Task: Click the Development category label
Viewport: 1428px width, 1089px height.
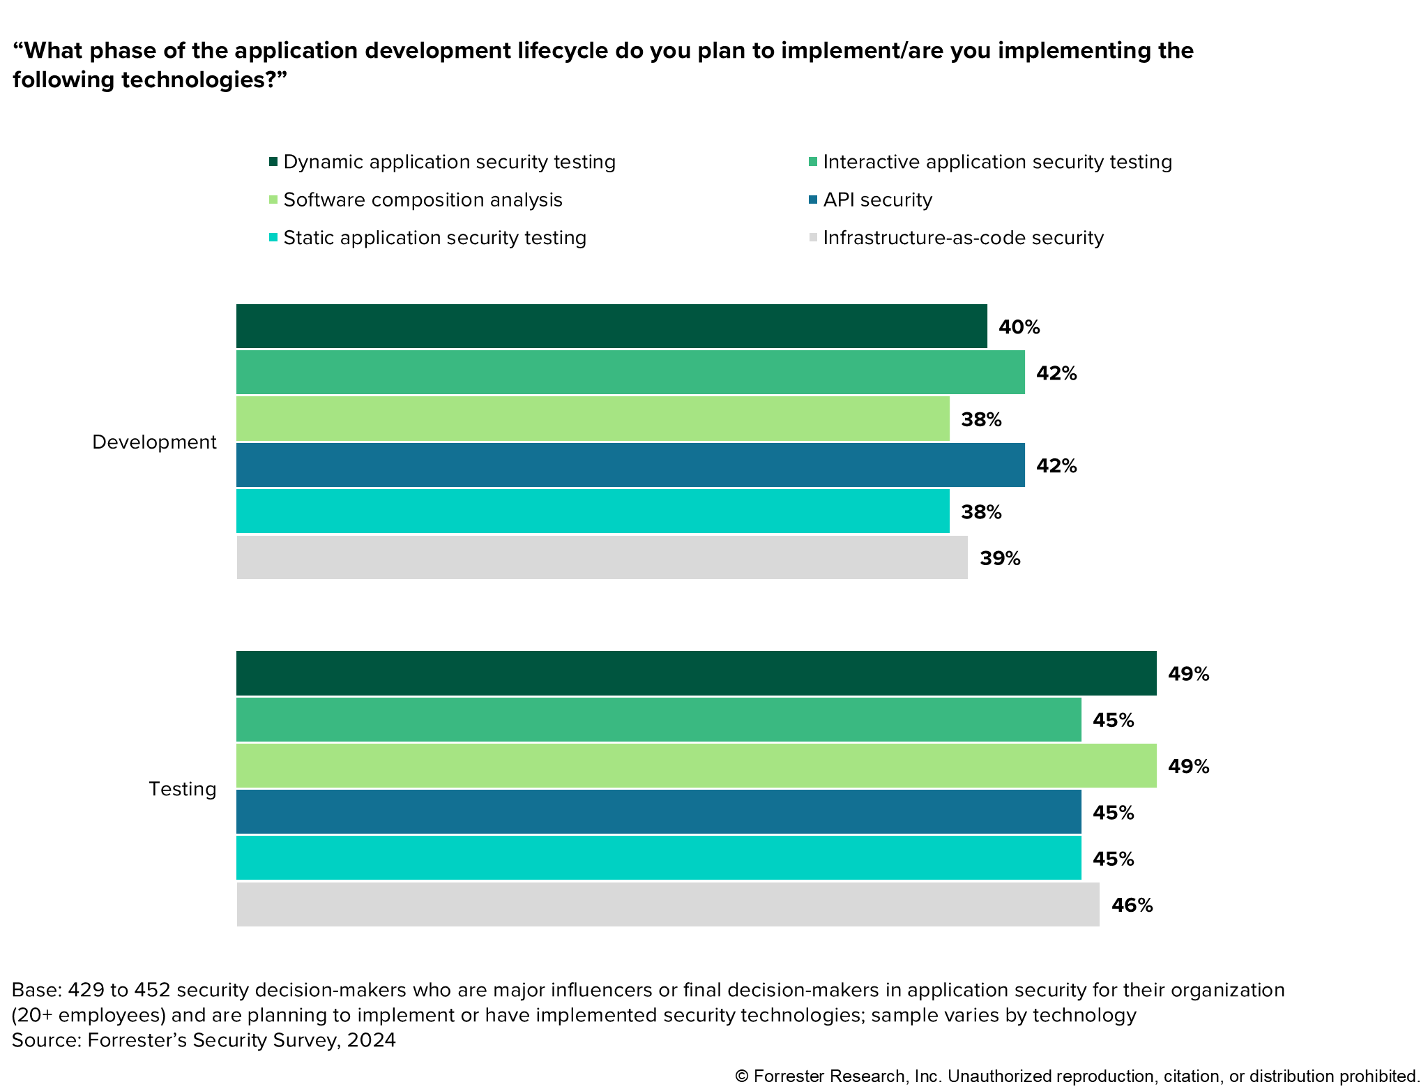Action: tap(154, 442)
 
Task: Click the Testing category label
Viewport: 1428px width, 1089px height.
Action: tap(183, 789)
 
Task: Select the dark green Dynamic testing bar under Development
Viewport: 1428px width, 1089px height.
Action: tap(612, 326)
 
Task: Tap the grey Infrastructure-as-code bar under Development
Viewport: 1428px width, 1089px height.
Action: tap(602, 557)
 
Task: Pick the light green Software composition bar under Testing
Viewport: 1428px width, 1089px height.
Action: tap(696, 766)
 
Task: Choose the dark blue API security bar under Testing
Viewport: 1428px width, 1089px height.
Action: tap(658, 812)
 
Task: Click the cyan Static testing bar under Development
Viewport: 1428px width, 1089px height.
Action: tap(593, 511)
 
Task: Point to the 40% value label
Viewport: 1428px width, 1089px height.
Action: tap(1019, 327)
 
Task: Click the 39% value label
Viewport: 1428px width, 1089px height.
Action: tap(1000, 559)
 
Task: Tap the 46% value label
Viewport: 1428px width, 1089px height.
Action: tap(1132, 906)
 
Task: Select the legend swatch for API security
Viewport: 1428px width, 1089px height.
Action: tap(813, 200)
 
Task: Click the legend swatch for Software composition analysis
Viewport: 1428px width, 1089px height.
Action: tap(273, 200)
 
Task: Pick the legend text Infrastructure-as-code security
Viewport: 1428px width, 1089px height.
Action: tap(963, 238)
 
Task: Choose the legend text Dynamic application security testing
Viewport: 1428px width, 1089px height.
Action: tap(449, 163)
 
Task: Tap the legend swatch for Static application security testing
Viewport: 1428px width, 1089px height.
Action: tap(273, 238)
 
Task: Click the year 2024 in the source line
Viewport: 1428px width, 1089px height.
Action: tap(371, 1040)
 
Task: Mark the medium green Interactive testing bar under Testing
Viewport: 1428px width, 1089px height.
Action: tap(658, 719)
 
